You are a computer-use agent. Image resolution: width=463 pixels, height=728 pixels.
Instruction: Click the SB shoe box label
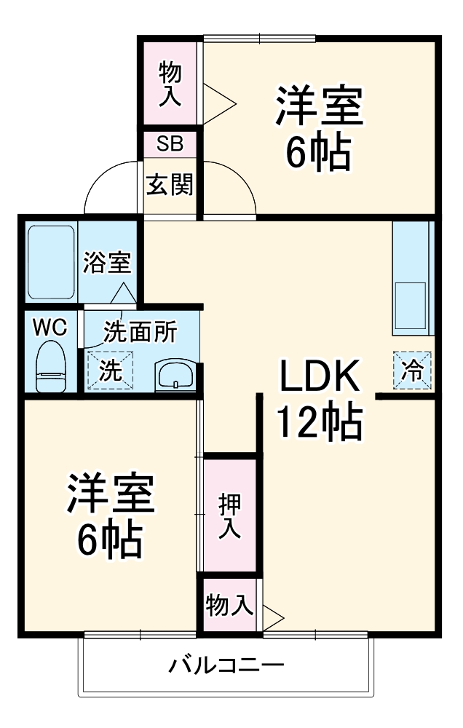170,143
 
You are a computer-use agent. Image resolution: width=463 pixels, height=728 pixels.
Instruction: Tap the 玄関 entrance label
170,185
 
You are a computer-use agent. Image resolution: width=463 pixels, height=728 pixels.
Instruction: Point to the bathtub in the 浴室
52,262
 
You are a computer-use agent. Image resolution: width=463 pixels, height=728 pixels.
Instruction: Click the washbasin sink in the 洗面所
175,375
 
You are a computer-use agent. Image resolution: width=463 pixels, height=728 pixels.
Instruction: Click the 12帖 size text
318,423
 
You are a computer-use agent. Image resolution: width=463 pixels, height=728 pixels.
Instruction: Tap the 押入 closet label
230,515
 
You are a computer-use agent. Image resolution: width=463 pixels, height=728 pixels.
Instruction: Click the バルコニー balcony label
226,665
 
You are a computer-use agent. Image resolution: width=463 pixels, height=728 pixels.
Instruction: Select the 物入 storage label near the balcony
229,604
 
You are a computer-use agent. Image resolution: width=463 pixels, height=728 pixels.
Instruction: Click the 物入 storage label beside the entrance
170,84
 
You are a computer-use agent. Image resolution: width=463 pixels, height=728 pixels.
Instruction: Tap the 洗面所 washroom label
140,332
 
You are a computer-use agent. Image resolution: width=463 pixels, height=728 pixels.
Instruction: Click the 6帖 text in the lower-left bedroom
110,539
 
